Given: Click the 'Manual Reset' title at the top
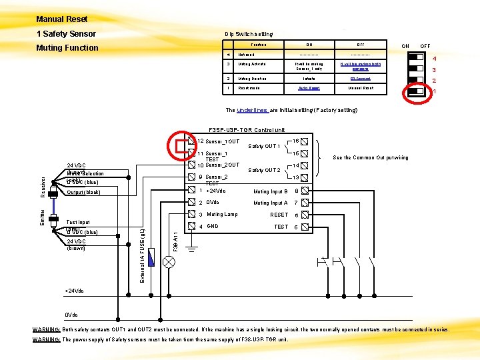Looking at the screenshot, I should tap(62, 19).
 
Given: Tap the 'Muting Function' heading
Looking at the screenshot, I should tap(67, 47).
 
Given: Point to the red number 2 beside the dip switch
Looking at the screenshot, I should tap(433, 81).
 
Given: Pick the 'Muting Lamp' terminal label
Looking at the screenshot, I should tap(222, 215).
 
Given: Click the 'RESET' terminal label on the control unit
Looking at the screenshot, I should tap(279, 215).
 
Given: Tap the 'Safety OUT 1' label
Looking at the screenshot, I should tap(264, 146).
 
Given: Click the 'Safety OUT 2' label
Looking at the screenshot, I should tap(264, 170).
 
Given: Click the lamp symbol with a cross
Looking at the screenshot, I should tap(169, 262).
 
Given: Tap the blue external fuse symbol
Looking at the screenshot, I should tap(153, 257).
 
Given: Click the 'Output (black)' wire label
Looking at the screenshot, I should tap(83, 193).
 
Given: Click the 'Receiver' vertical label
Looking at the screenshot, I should tap(43, 187).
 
